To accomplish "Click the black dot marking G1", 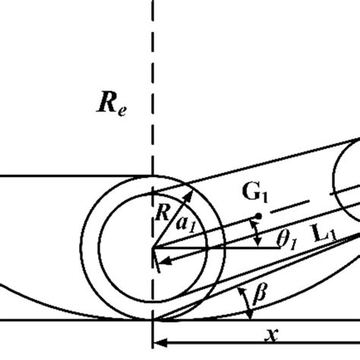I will click(x=259, y=216).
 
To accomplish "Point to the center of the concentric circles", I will click(x=153, y=247).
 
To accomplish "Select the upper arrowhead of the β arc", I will click(x=241, y=286).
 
